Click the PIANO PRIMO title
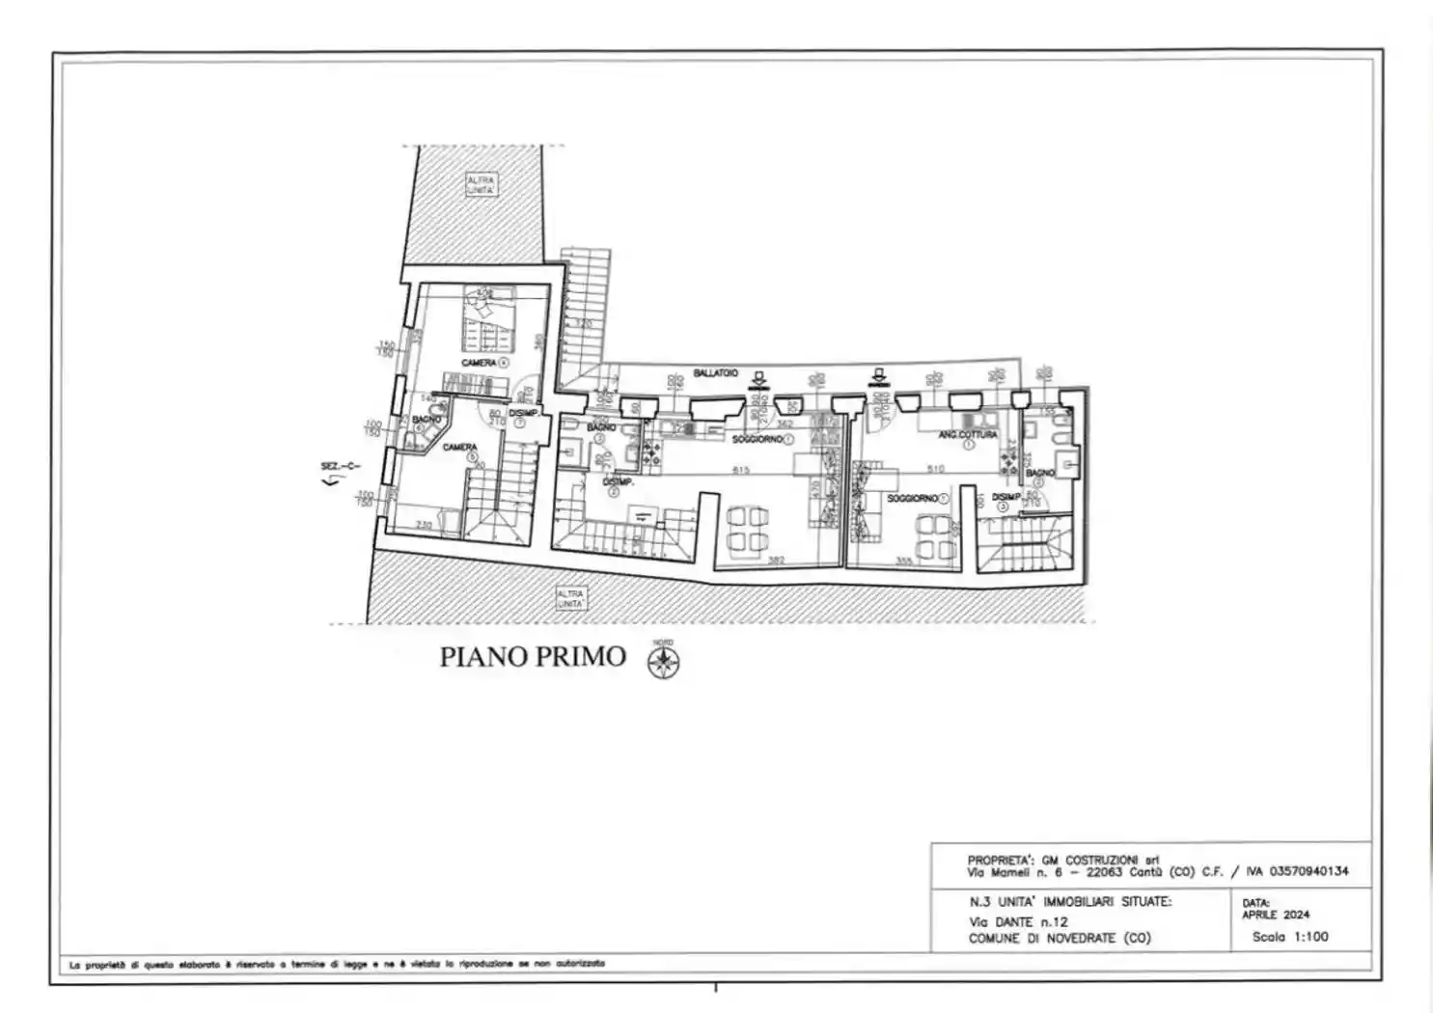tap(533, 657)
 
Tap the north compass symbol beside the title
tap(663, 661)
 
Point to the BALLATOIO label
tap(716, 372)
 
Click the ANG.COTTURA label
tap(968, 435)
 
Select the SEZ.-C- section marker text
tap(340, 467)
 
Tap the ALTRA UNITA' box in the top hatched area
tap(481, 185)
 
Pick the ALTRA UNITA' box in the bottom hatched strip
tap(570, 598)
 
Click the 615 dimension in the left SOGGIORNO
tap(741, 470)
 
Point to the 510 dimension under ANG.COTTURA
tap(935, 469)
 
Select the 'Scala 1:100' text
tap(1290, 936)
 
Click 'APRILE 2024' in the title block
tap(1275, 915)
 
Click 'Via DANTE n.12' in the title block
tap(1018, 921)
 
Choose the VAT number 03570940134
tap(1297, 871)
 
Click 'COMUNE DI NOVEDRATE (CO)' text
tap(1060, 938)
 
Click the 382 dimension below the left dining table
tap(776, 561)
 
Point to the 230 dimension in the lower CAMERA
tap(423, 525)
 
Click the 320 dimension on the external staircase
tap(583, 323)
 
